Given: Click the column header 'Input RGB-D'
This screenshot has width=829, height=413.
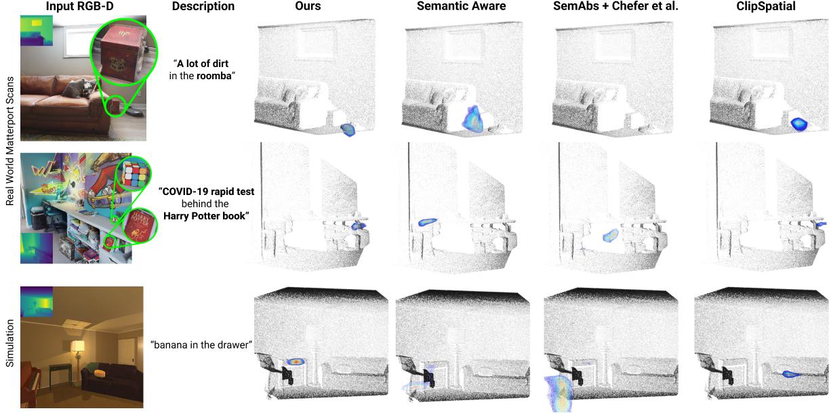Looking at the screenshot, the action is pos(80,6).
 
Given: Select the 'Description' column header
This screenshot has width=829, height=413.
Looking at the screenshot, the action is pos(203,6).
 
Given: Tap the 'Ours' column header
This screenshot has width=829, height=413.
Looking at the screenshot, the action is pos(308,6).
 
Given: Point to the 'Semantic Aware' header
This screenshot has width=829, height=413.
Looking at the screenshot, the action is pos(461,6).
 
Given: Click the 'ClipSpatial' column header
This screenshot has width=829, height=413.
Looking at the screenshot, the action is pos(766,6).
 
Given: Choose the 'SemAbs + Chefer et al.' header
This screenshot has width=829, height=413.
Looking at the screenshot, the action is pos(615,6).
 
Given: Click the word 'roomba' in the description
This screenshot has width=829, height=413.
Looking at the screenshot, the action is pos(214,76).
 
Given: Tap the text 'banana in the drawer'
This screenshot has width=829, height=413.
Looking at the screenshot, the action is pos(201,345).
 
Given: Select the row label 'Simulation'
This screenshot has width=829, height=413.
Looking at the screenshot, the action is pos(10,343).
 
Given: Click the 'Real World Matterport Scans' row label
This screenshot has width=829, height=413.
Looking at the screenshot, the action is pos(10,142).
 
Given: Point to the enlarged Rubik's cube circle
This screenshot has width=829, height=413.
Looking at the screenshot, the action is pos(134,174).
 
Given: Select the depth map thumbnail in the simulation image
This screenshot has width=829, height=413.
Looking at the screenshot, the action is pos(37,302).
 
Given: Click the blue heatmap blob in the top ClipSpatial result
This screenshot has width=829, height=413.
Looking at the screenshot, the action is pos(799,124).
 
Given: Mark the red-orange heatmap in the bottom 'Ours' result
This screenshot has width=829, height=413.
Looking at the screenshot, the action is pos(296,362).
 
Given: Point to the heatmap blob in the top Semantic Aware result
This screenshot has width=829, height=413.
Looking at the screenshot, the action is pos(472,119).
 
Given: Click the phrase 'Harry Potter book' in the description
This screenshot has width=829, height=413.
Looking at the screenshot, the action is pos(204,216).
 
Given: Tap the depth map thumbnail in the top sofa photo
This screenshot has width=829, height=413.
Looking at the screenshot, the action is pos(37,30).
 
